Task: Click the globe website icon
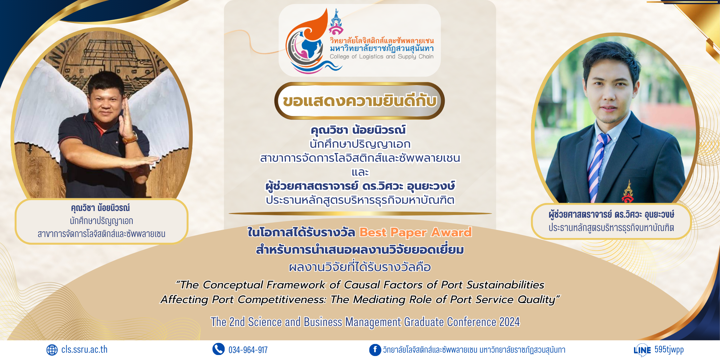point(52,350)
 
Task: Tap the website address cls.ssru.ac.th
point(84,349)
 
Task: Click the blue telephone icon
point(219,349)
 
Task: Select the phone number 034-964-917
point(248,350)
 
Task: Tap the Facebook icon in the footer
point(375,350)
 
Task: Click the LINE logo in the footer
point(642,350)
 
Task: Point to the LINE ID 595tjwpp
point(669,349)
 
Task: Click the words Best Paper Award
point(416,232)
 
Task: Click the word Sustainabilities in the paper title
point(505,285)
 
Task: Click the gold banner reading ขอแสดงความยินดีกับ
point(359,101)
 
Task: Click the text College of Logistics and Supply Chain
point(382,57)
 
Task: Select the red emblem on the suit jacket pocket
point(628,192)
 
